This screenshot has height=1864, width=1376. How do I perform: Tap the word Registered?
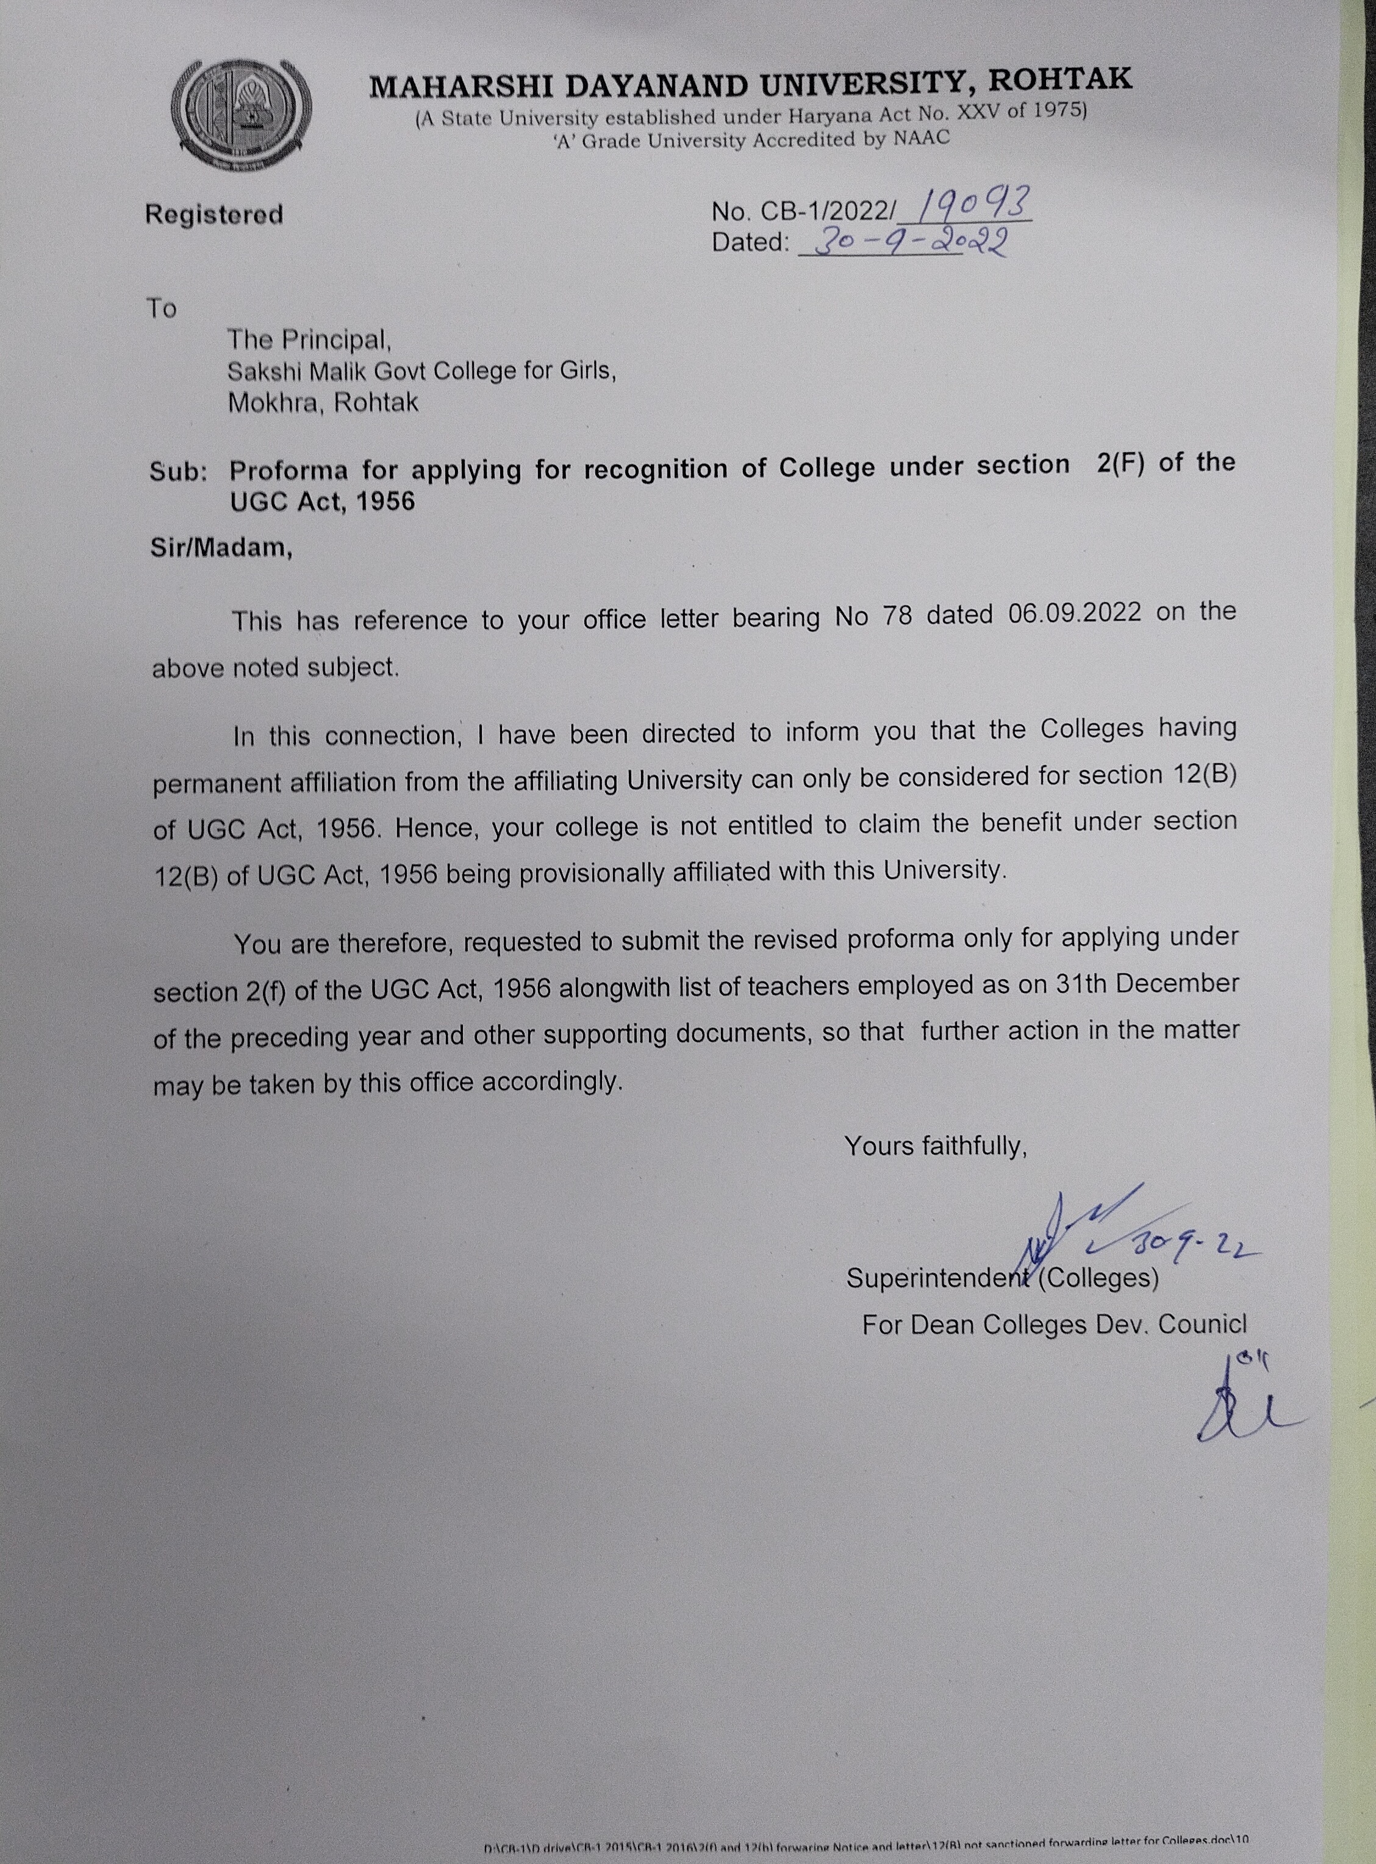click(214, 215)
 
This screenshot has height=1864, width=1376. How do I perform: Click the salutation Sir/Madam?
click(221, 549)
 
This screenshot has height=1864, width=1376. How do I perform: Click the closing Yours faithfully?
click(936, 1147)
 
